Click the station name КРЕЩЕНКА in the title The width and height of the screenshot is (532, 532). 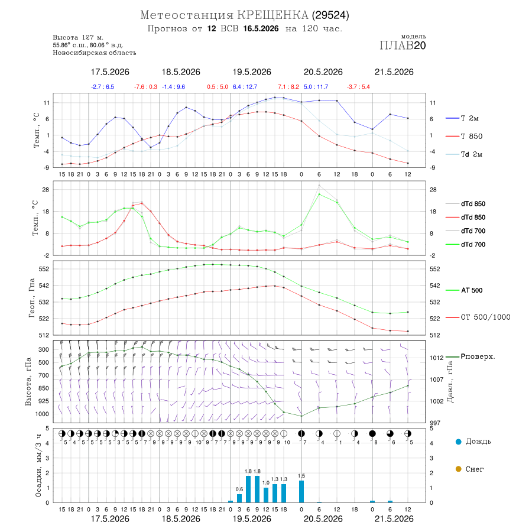(x=273, y=15)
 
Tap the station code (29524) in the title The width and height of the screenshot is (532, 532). (x=330, y=15)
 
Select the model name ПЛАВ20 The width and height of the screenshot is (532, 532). (x=403, y=46)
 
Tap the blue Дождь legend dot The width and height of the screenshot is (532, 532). (x=458, y=442)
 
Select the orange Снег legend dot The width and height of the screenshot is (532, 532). (x=458, y=469)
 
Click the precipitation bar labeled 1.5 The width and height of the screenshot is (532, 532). (x=301, y=492)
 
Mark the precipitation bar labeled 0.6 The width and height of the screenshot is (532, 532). (x=239, y=498)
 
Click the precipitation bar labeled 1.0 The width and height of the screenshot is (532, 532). (x=266, y=495)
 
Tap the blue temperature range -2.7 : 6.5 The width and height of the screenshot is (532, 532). (x=102, y=87)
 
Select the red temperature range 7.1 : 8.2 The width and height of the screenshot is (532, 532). (x=288, y=87)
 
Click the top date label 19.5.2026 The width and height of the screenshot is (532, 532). (x=252, y=72)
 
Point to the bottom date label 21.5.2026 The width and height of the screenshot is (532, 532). (x=394, y=519)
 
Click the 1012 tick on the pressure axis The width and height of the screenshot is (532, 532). (x=436, y=358)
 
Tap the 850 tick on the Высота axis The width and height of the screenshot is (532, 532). (x=43, y=388)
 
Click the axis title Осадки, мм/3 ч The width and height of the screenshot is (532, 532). (x=38, y=466)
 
